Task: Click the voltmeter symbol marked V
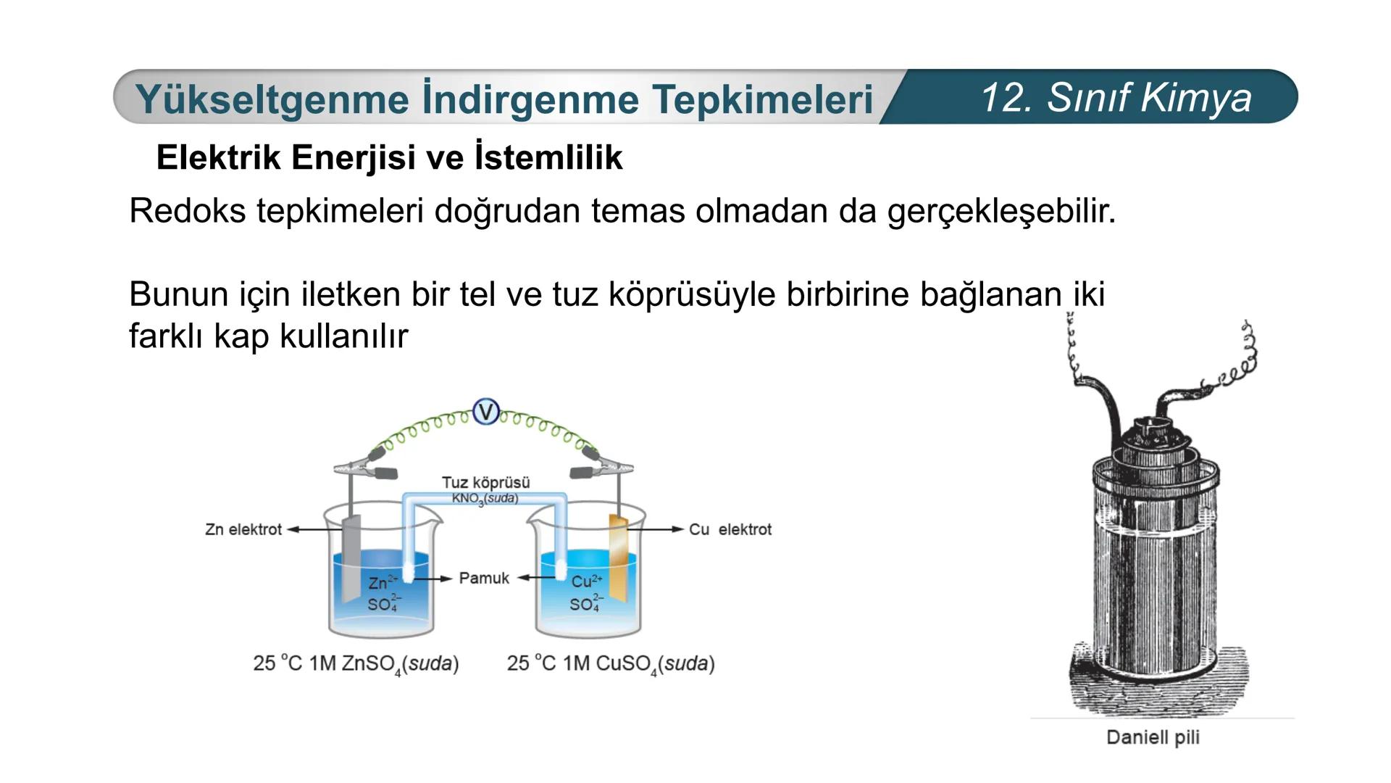485,413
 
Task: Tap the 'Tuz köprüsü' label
485,482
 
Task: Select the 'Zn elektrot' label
243,529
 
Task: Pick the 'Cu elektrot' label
730,529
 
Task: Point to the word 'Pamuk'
484,578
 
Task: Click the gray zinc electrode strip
351,558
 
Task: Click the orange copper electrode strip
619,557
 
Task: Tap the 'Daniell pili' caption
1153,737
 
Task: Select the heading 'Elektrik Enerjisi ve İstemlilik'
389,157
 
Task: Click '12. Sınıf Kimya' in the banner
1116,97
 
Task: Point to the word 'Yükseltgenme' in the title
272,99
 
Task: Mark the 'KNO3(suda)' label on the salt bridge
485,499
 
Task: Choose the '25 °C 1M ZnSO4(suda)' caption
356,663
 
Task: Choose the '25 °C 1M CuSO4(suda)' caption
611,663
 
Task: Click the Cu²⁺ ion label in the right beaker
586,581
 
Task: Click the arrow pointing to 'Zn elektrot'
304,529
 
